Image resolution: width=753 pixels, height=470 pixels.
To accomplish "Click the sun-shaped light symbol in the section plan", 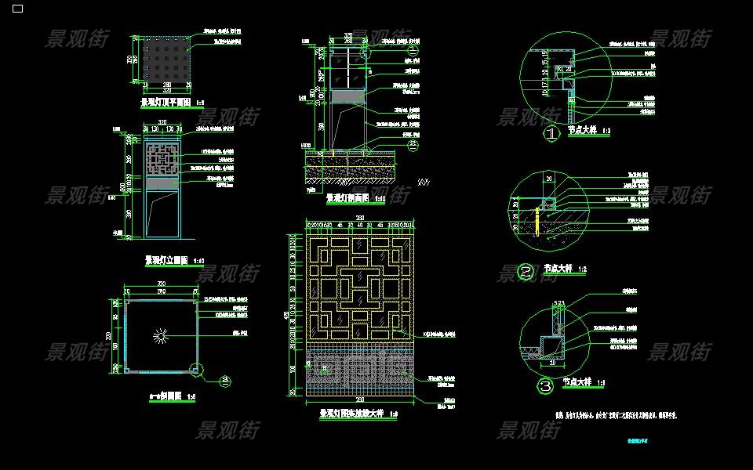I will click(161, 337).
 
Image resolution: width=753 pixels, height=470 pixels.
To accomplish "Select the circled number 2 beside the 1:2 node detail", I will click(526, 272).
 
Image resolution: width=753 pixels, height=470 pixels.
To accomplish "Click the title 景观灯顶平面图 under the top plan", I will click(166, 103).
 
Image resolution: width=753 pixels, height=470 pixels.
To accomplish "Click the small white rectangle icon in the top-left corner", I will click(17, 9).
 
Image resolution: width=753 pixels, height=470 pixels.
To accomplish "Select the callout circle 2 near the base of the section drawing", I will click(414, 145).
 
